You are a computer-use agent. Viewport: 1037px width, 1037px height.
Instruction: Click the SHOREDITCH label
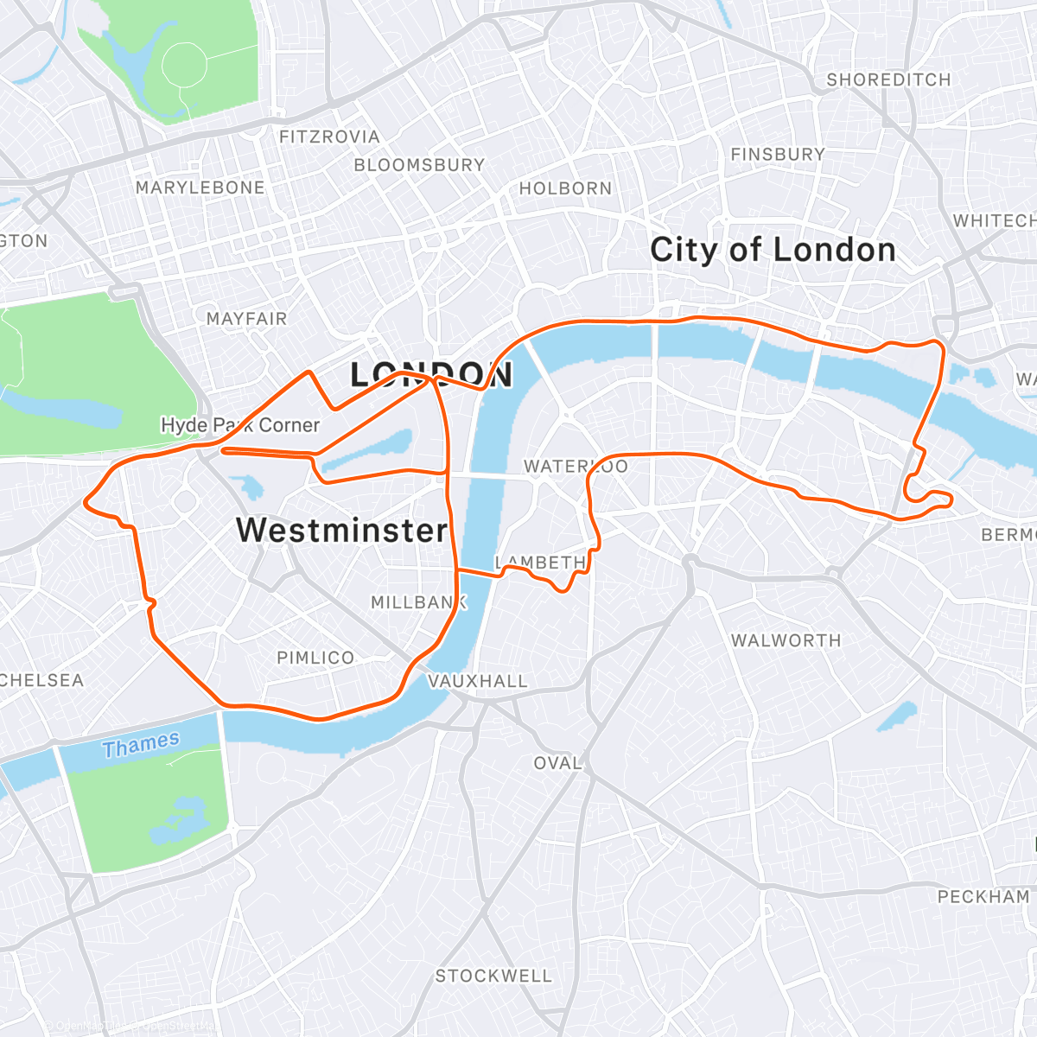pos(888,80)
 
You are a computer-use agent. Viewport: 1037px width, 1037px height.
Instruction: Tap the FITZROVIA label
pos(329,137)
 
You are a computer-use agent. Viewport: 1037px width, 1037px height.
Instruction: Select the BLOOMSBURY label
pos(419,164)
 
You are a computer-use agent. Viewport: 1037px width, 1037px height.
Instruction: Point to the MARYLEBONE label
pos(200,188)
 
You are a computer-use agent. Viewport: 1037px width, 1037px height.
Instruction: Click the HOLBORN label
pos(565,188)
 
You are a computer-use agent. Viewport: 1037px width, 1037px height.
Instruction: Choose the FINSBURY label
pos(778,155)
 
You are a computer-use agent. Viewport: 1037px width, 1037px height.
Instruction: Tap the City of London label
pos(773,250)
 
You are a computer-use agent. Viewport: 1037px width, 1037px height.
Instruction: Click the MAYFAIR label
pos(246,319)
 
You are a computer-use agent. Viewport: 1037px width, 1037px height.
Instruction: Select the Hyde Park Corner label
pos(240,425)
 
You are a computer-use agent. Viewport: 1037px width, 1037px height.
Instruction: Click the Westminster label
pos(342,530)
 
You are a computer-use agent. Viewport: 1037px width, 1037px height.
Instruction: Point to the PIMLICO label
pos(315,658)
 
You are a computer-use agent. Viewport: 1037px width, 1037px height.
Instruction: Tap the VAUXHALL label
pos(478,681)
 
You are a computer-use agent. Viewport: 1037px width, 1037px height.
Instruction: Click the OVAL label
pos(557,763)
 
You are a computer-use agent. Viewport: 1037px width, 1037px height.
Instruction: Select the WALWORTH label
pos(786,640)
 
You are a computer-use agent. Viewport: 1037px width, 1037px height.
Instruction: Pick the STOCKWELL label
pos(493,976)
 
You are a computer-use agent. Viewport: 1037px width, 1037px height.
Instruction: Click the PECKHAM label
pos(983,896)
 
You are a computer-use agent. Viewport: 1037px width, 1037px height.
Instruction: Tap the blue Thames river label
pos(141,744)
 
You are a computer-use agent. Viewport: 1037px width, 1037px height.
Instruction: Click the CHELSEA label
pos(41,680)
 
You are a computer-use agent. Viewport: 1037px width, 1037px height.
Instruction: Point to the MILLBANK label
pos(418,602)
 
